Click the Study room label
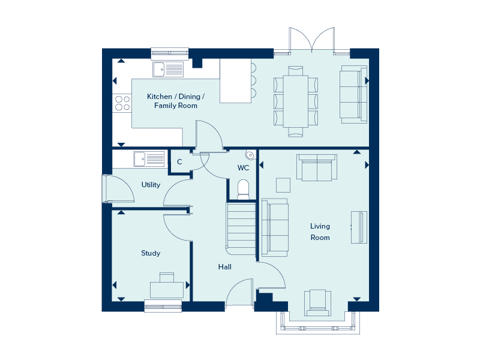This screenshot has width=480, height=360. coord(151,253)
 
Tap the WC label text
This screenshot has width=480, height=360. coord(243,167)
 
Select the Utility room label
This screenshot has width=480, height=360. coord(151,185)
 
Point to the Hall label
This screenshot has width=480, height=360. coord(225,267)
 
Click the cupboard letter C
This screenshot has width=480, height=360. coord(179,162)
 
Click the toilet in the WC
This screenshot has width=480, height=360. coord(243,189)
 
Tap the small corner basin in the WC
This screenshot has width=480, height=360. coord(250,154)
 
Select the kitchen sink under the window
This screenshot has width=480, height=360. coord(167,70)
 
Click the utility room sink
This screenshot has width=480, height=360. coord(148,159)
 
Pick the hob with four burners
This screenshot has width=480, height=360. coord(122,103)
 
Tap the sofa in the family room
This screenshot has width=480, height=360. coord(353,94)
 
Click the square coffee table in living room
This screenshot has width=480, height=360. coord(283,184)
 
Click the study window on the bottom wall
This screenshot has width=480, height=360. coord(163,306)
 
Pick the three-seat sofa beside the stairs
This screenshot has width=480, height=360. coord(275,227)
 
